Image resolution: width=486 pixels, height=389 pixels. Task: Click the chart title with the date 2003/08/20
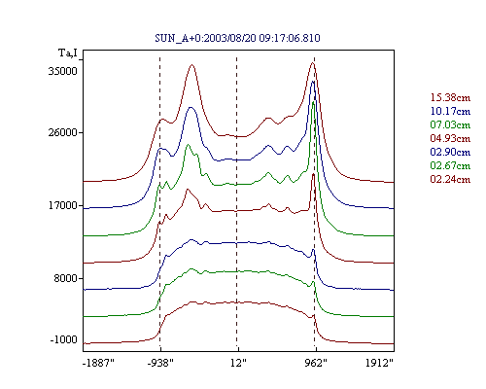point(237,38)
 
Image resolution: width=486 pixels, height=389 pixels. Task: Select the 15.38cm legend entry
point(450,97)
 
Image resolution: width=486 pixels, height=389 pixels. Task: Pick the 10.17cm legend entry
point(450,111)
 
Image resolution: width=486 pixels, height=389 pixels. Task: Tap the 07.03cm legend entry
point(450,124)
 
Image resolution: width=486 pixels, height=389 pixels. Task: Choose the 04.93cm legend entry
point(450,138)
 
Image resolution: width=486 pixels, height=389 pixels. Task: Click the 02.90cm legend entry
point(450,152)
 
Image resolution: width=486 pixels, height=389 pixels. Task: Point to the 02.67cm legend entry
point(450,165)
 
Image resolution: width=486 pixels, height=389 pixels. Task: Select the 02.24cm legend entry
point(450,179)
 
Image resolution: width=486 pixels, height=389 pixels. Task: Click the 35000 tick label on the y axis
point(63,71)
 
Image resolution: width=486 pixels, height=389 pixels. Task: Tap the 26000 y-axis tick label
point(63,132)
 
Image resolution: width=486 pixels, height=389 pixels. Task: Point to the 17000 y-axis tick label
point(63,205)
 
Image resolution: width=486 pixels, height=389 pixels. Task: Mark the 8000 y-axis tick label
point(66,278)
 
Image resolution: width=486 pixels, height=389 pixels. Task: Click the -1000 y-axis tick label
point(64,339)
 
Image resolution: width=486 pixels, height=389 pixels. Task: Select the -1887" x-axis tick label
point(98,363)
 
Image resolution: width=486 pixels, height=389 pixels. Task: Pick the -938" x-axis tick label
point(160,363)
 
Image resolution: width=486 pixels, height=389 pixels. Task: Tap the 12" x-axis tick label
point(238,363)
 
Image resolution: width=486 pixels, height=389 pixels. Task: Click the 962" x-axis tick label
point(316,363)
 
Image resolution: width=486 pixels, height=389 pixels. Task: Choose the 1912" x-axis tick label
point(379,363)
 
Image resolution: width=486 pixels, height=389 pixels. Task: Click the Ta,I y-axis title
point(68,53)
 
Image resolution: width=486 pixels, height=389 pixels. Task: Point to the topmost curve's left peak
point(192,65)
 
